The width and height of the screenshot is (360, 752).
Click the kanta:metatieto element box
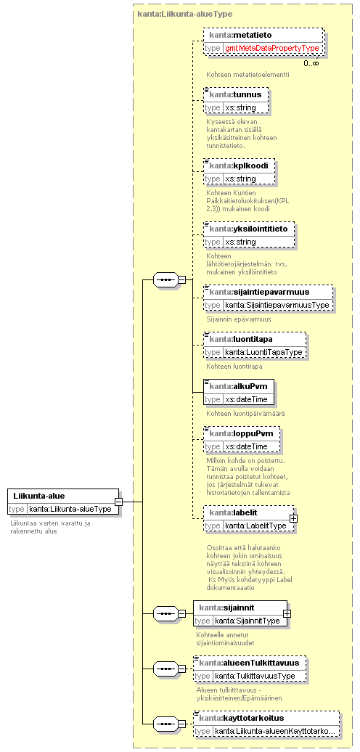[x=263, y=41]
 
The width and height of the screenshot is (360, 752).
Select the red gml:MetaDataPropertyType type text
[x=272, y=48]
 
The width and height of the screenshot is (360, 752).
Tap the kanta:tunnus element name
[x=235, y=94]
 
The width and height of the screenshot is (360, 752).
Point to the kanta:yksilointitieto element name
[x=248, y=228]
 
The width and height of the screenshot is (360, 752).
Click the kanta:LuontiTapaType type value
[x=263, y=353]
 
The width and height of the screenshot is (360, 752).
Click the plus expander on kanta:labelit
[x=293, y=518]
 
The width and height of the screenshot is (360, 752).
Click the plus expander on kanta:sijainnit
[x=287, y=613]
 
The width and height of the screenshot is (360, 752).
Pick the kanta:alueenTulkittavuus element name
[x=249, y=663]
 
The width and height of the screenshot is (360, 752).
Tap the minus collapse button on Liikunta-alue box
[x=118, y=502]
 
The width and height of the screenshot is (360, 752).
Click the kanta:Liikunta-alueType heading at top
[x=184, y=14]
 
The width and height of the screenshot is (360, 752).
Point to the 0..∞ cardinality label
[x=311, y=63]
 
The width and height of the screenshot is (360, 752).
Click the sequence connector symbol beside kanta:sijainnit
[x=165, y=613]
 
